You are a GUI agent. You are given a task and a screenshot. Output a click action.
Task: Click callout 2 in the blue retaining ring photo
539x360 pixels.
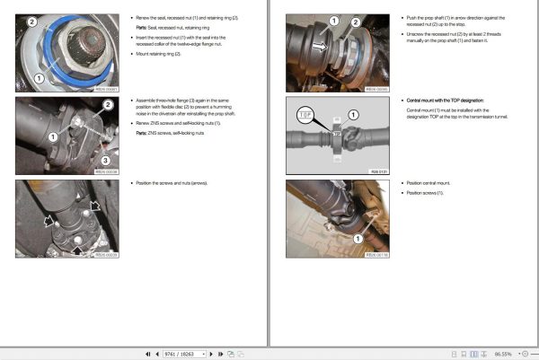click(x=32, y=22)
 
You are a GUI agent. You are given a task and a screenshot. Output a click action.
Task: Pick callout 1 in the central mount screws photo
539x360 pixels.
click(x=358, y=239)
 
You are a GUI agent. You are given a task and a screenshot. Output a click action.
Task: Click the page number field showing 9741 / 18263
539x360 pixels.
click(x=183, y=354)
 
